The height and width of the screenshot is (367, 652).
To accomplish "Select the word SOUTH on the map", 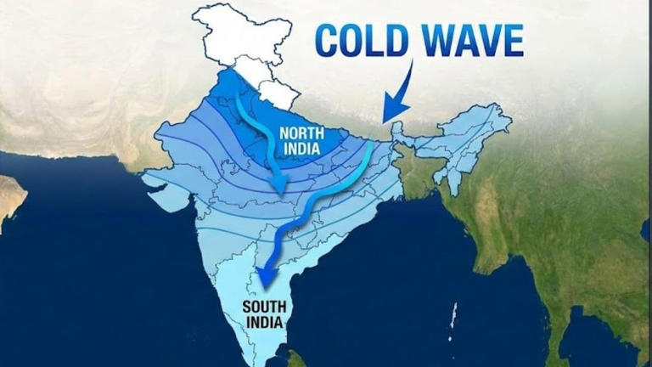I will tap(264, 308).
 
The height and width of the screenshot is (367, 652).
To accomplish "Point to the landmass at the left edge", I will tap(10, 196).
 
